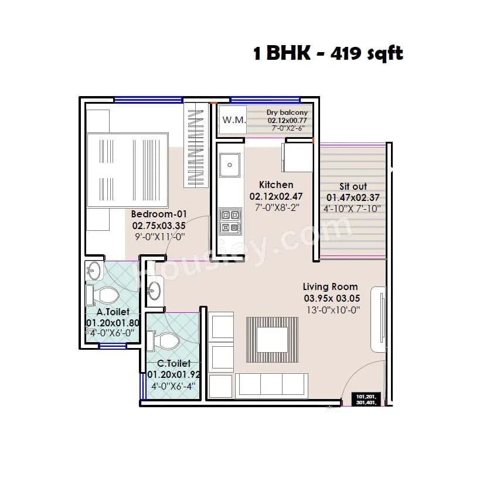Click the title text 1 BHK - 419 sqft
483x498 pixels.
tap(328, 54)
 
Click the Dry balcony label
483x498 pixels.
tap(287, 112)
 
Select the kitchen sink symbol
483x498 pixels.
tap(229, 165)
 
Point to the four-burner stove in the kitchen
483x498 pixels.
tap(229, 221)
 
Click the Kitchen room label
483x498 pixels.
tap(275, 185)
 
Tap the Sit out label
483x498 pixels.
tap(353, 186)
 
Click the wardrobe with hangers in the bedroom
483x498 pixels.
tap(196, 146)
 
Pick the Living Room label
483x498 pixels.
tap(330, 286)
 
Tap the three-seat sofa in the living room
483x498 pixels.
tap(271, 386)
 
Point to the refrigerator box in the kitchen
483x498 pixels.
tap(297, 157)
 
